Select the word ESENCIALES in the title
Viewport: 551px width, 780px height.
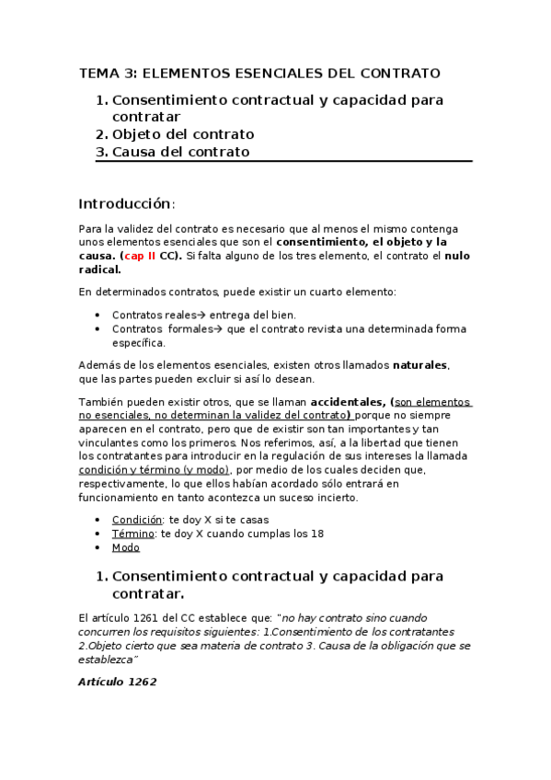[268, 73]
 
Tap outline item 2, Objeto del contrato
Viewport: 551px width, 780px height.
[183, 134]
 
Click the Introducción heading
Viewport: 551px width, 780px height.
[126, 203]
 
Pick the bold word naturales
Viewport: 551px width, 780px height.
[419, 365]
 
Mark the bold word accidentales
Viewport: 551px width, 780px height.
[348, 402]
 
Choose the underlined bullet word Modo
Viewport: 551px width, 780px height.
[125, 547]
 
